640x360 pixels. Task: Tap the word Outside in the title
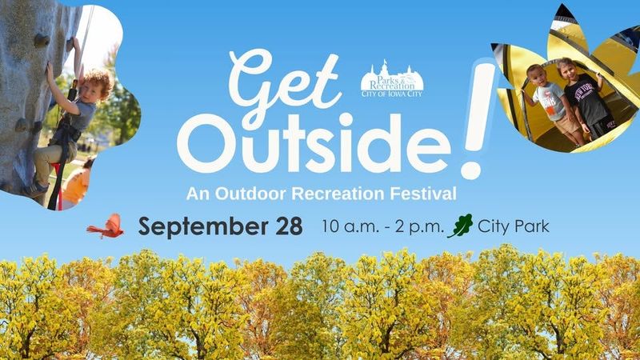click(314, 143)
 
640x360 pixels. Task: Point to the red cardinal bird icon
click(106, 226)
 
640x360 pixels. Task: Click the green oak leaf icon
click(461, 226)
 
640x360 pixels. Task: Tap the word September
click(203, 227)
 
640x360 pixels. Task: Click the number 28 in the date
click(289, 226)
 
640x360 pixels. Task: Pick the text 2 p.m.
click(418, 227)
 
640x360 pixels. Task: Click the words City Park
click(514, 226)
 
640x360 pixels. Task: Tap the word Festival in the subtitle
click(423, 194)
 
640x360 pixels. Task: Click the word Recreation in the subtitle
click(338, 194)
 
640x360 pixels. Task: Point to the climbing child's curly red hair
click(98, 82)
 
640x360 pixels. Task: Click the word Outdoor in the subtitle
click(250, 194)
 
